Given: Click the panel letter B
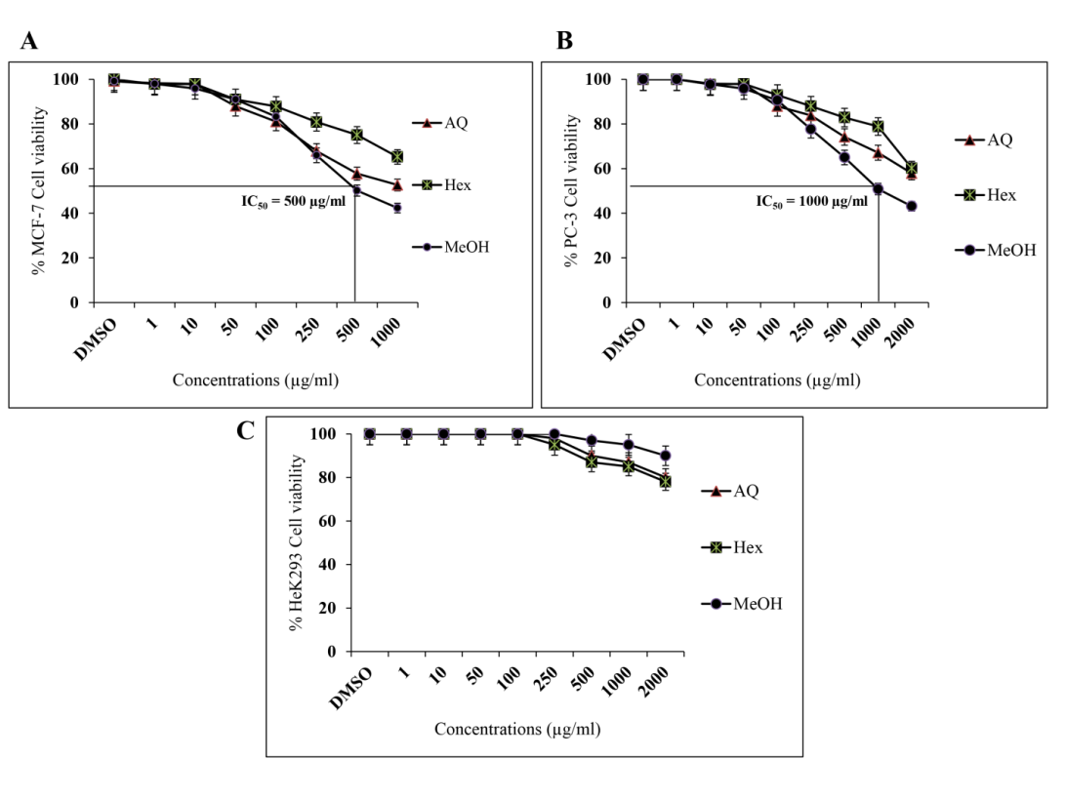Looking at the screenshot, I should (x=563, y=40).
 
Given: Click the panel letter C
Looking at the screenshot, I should (x=247, y=431).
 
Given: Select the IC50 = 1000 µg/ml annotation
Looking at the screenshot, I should (x=811, y=202).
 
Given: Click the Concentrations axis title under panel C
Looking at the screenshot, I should (x=517, y=729).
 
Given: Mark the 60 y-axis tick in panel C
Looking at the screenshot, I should (x=332, y=521).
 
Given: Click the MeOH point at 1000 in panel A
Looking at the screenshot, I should (x=397, y=208).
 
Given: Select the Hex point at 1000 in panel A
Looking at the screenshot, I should (x=397, y=157).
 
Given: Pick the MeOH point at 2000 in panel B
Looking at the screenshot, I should (x=911, y=206).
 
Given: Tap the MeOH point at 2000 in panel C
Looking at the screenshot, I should (x=666, y=456).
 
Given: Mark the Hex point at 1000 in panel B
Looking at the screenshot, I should (x=878, y=127).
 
